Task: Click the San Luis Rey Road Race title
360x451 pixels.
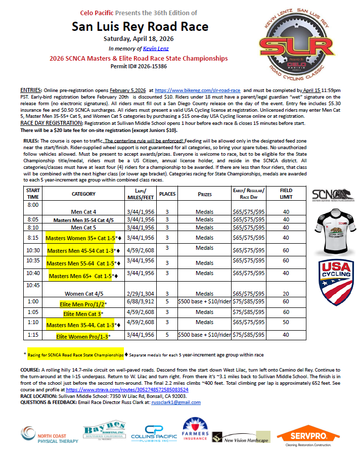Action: (140, 26)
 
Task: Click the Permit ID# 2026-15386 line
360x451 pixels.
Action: (139, 66)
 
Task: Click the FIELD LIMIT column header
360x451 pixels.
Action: (286, 193)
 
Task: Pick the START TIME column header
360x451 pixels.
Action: (33, 193)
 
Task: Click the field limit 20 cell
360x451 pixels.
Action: (286, 293)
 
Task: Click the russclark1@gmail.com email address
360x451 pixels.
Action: (177, 402)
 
